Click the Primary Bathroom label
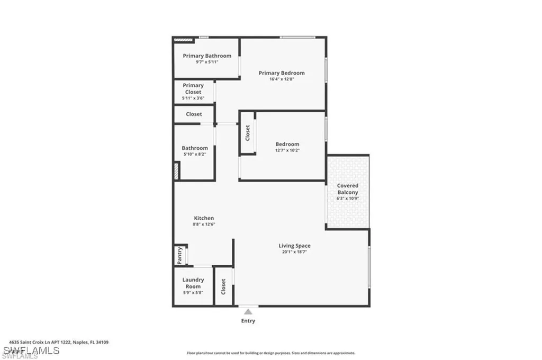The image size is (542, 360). tap(207, 56)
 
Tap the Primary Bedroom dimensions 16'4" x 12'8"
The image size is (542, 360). tap(282, 79)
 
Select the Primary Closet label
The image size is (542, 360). tap(193, 88)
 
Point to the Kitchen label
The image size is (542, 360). tap(204, 218)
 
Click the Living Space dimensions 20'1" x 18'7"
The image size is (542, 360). tap(295, 252)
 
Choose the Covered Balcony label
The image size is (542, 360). tap(348, 189)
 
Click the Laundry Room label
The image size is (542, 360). tap(193, 283)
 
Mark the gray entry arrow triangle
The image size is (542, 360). tap(248, 312)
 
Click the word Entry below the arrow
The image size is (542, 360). tap(248, 321)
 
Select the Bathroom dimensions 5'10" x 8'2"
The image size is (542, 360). tap(195, 154)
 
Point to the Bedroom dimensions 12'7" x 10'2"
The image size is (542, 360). tap(287, 150)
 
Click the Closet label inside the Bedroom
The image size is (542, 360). tap(247, 132)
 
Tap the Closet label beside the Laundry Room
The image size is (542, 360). tap(223, 287)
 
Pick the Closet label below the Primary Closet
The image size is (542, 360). tap(194, 114)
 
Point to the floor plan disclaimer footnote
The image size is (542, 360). tap(270, 353)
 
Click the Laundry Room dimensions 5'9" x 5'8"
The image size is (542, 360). tap(193, 292)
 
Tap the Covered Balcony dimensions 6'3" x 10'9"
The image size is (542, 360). tap(348, 199)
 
